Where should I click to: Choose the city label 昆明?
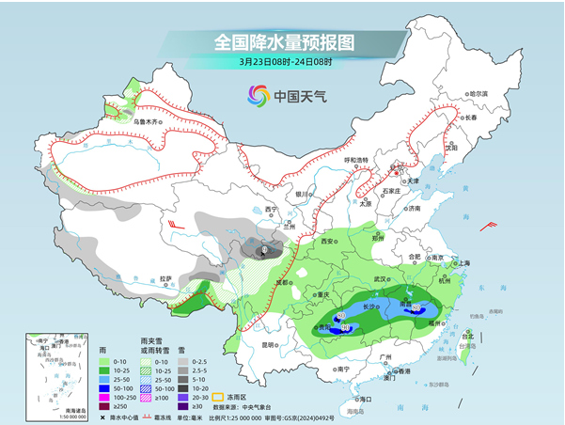(x=271, y=344)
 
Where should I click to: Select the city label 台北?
(x=470, y=335)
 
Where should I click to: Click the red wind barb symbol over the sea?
(x=488, y=225)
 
